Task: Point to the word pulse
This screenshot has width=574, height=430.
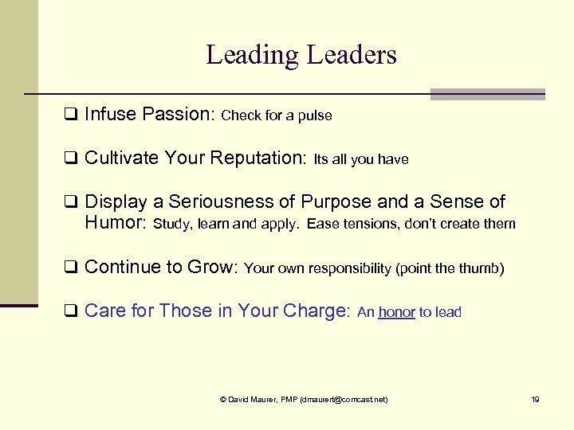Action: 315,116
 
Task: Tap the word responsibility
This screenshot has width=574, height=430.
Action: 350,269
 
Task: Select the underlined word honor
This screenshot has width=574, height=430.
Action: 396,313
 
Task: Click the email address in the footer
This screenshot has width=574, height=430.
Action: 343,399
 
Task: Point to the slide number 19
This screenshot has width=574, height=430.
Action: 535,399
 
